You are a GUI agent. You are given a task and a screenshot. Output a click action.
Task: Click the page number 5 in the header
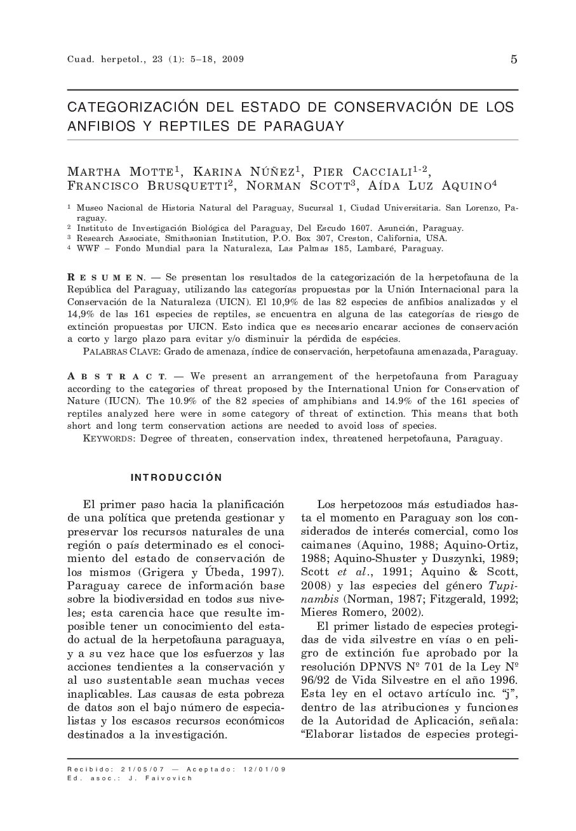click(x=514, y=60)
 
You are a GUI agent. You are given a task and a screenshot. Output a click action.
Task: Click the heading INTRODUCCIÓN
click(x=177, y=478)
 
